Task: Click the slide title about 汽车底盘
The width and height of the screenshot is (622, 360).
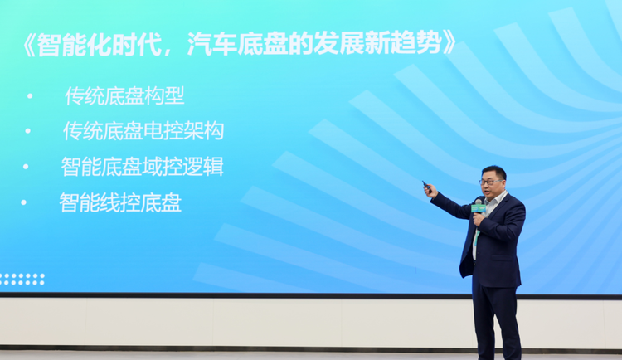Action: [240, 43]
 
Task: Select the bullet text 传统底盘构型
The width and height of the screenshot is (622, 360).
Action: [124, 95]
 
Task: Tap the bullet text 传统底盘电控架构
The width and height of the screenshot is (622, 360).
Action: [143, 130]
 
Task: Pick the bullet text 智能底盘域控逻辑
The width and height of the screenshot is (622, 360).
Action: [143, 166]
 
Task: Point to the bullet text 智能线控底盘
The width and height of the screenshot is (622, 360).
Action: [120, 202]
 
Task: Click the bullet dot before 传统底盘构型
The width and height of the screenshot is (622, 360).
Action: [30, 95]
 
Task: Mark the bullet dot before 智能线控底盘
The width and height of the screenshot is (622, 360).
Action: [23, 202]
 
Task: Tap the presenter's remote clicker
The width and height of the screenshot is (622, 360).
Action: [427, 186]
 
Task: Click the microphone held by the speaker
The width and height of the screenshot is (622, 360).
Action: [478, 208]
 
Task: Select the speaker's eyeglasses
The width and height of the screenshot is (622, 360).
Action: [491, 182]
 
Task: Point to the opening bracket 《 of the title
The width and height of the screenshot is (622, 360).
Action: [29, 44]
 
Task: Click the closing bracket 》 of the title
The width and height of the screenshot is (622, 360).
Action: [449, 44]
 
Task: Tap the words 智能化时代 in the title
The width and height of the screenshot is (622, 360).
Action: [100, 43]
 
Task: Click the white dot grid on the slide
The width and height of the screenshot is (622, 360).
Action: [22, 279]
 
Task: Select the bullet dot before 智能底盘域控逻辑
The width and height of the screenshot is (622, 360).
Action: [26, 167]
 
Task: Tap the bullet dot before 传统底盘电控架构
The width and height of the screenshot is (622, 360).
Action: [27, 130]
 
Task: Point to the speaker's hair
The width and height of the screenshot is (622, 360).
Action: [494, 172]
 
